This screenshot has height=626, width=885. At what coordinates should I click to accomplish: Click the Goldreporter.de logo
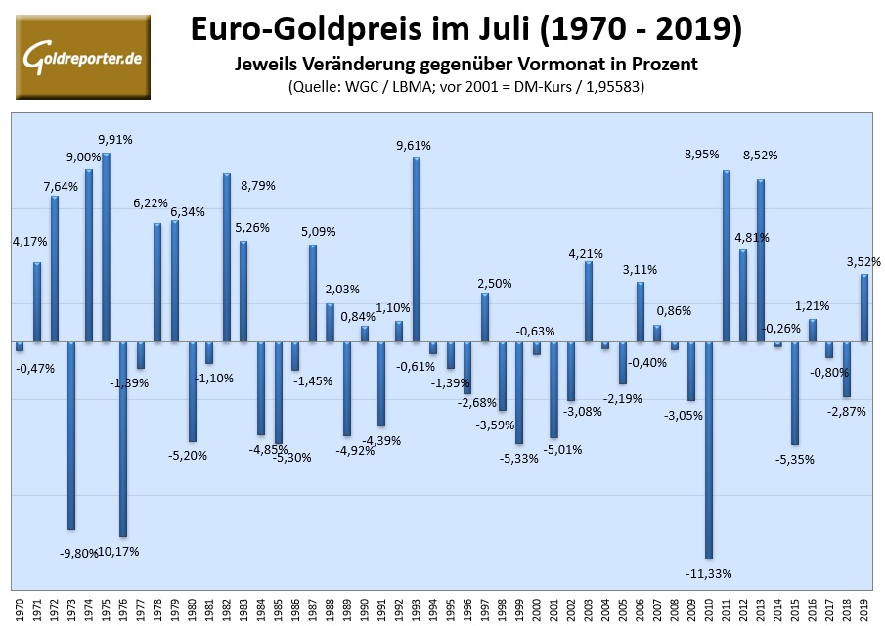coord(83,58)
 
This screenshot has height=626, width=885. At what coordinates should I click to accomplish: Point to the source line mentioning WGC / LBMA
coord(465,86)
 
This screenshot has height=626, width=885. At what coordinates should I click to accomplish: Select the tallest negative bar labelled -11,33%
coord(708,450)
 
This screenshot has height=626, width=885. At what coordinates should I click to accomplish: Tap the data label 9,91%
coord(115,140)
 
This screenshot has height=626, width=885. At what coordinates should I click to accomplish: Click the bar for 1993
coord(416,249)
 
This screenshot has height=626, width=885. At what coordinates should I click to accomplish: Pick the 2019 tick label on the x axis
coord(864,609)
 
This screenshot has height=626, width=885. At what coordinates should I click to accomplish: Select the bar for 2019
coord(864,308)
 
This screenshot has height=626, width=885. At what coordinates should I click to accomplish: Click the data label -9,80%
coord(77,553)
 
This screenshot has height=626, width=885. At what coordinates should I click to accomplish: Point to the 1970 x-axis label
coord(20,609)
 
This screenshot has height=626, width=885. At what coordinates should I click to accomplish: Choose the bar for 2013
coord(760,260)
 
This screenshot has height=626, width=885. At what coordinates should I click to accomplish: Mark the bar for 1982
coord(227,257)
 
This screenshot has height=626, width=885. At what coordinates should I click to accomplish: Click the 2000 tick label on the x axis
coord(536,609)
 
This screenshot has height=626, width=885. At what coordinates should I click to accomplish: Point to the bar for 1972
coord(55,269)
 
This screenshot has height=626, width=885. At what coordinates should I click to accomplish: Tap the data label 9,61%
coord(413,146)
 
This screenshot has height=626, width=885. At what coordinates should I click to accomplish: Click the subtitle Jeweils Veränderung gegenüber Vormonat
coord(465,65)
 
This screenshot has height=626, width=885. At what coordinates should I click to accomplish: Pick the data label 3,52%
coord(863,261)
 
